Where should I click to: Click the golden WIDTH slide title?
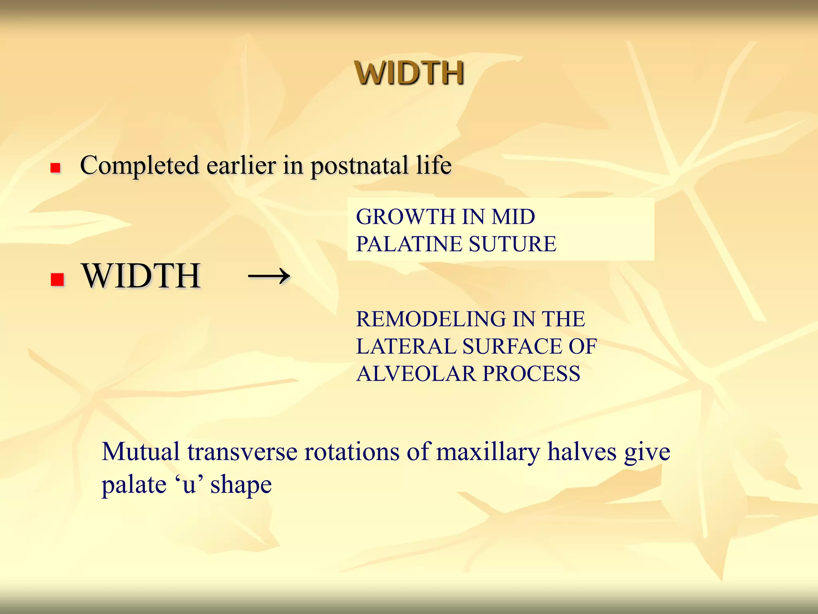tap(409, 73)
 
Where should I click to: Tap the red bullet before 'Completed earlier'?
tap(55, 167)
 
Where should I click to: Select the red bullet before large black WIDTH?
tap(58, 279)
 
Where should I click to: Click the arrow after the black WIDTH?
tap(269, 276)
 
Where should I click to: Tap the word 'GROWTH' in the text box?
tap(406, 217)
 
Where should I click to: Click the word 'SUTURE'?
tap(512, 244)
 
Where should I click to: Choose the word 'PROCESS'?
tap(531, 373)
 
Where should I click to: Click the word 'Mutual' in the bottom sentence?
tap(141, 452)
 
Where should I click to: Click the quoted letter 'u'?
tap(189, 485)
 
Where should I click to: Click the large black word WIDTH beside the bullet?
tap(141, 276)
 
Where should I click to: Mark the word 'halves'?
tap(582, 452)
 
